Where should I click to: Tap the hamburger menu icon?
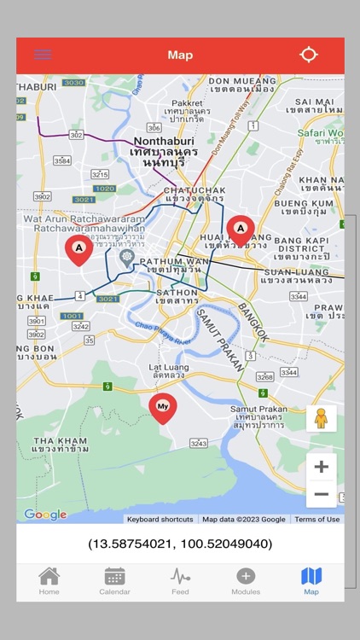click(x=43, y=55)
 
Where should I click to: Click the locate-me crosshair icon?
click(x=309, y=55)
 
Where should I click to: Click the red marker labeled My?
click(x=163, y=408)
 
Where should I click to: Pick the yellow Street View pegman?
click(x=321, y=418)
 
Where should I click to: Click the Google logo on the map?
click(x=45, y=515)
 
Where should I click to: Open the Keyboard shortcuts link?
click(x=160, y=519)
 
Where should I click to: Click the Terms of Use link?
click(x=316, y=519)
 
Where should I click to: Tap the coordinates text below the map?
click(x=180, y=544)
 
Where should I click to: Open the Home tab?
click(x=49, y=581)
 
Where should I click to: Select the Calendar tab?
click(x=114, y=581)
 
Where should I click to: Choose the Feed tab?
click(x=180, y=581)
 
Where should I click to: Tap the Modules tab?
click(x=246, y=581)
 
